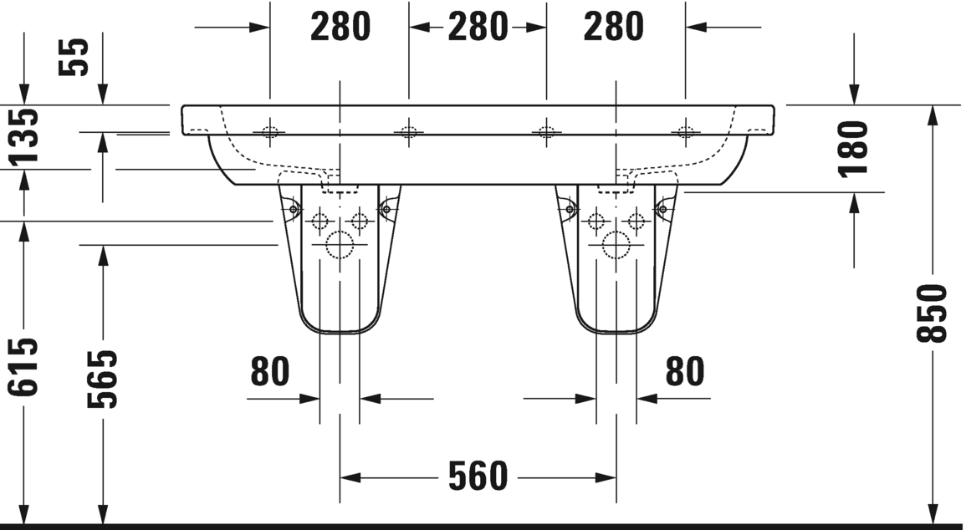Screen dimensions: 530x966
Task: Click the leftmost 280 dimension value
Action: pyautogui.click(x=340, y=28)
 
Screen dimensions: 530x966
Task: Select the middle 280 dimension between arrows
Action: pyautogui.click(x=478, y=28)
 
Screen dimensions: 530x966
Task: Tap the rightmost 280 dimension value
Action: pyautogui.click(x=615, y=28)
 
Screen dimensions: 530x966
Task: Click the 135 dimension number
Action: pyautogui.click(x=24, y=136)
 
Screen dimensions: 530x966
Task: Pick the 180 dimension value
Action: pyautogui.click(x=854, y=148)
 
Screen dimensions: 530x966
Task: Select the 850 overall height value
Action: pyautogui.click(x=932, y=312)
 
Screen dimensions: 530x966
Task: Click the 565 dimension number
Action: pyautogui.click(x=103, y=379)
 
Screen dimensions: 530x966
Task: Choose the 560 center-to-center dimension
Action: pyautogui.click(x=478, y=476)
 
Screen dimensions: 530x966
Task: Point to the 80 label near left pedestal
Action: pyautogui.click(x=270, y=371)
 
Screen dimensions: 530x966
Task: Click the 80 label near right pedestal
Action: pyautogui.click(x=684, y=371)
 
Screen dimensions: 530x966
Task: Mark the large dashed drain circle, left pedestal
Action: pyautogui.click(x=340, y=244)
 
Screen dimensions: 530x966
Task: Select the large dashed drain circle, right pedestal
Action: pyautogui.click(x=616, y=244)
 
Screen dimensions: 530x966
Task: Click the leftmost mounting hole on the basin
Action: pyautogui.click(x=270, y=131)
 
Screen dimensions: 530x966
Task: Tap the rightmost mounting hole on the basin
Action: pyautogui.click(x=685, y=131)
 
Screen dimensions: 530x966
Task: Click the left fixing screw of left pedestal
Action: pyautogui.click(x=294, y=208)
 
